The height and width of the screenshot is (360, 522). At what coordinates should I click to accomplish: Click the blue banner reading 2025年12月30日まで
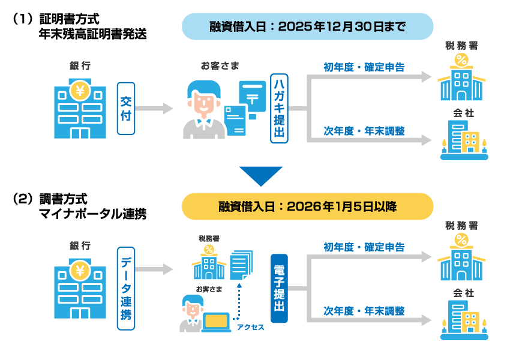tap(307, 26)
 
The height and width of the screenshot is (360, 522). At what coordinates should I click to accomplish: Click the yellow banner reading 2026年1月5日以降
tap(307, 206)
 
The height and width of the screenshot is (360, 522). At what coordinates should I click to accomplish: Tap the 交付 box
tap(125, 109)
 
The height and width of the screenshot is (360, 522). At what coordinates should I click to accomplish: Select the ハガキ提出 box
tap(280, 109)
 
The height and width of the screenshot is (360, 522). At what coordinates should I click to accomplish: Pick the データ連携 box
tap(126, 288)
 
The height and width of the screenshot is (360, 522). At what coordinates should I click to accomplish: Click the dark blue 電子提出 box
tap(280, 288)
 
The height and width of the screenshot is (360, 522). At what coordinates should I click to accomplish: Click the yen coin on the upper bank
tap(80, 91)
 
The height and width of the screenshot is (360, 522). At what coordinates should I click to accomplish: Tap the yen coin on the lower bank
tap(80, 271)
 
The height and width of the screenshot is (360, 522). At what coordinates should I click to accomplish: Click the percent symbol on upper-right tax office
tap(461, 59)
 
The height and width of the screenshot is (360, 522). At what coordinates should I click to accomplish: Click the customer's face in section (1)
tap(204, 102)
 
